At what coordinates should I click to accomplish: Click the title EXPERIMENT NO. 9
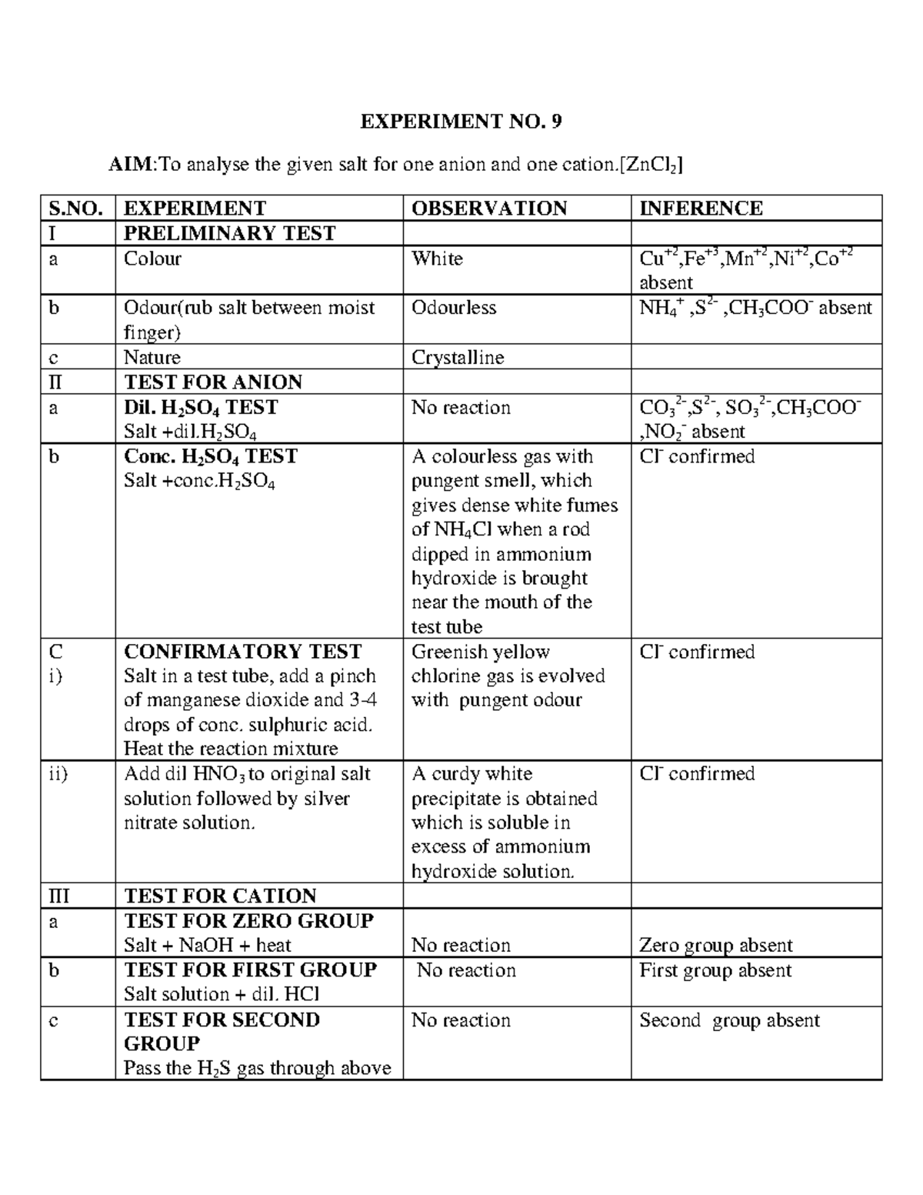[x=461, y=121]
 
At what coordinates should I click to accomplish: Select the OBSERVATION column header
[x=489, y=209]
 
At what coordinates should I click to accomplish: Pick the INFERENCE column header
[x=701, y=209]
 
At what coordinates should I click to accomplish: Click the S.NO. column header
[x=75, y=209]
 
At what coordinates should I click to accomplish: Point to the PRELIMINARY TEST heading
[x=229, y=233]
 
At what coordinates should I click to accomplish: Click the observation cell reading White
[x=437, y=259]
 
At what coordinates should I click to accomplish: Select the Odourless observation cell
[x=454, y=308]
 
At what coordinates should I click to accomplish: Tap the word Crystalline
[x=458, y=358]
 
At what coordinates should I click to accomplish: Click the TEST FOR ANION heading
[x=213, y=382]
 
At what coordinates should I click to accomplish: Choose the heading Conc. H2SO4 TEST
[x=210, y=456]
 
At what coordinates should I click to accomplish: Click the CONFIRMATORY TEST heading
[x=242, y=652]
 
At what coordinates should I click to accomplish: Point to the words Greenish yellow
[x=481, y=652]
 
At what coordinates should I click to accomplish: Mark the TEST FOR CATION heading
[x=220, y=896]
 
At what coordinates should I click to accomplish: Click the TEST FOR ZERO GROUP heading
[x=248, y=920]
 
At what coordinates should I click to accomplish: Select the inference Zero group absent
[x=715, y=945]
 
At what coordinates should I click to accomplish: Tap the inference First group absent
[x=715, y=970]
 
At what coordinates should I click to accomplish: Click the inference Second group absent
[x=729, y=1020]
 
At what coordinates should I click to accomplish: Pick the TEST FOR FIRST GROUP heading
[x=250, y=970]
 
